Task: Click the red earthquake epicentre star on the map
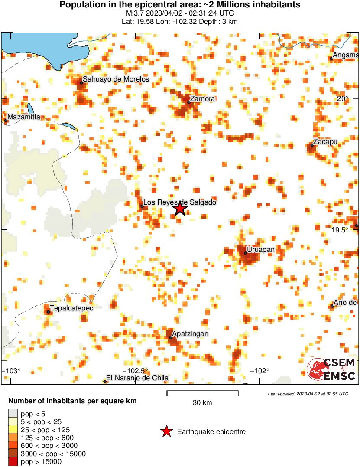(180, 209)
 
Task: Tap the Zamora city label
(202, 99)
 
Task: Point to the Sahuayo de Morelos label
(116, 79)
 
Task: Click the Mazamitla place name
(24, 117)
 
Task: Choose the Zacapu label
(325, 142)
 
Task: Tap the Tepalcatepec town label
(72, 308)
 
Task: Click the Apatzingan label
(190, 334)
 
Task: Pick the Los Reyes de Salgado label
(179, 202)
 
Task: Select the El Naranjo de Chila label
(137, 378)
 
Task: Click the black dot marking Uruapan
(246, 253)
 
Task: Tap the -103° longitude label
(12, 371)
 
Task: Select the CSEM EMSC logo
(331, 369)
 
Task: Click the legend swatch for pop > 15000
(13, 462)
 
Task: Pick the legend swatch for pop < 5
(13, 414)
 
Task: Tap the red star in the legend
(166, 431)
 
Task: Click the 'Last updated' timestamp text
(308, 394)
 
